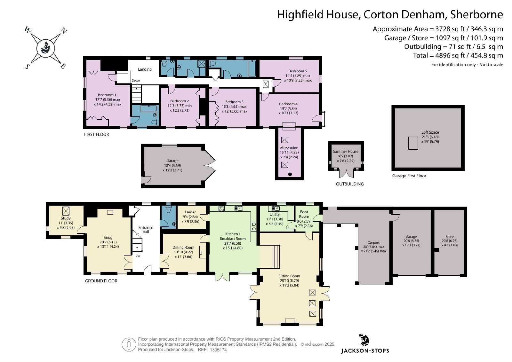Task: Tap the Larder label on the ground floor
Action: [190, 212]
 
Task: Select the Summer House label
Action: [345, 152]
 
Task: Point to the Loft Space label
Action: [430, 132]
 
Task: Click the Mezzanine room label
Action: [289, 147]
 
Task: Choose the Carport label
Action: [373, 242]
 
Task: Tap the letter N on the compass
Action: [63, 30]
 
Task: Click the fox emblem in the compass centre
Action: [45, 48]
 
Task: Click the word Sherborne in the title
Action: [476, 14]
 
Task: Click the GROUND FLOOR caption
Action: [101, 281]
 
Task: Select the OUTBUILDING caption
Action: [349, 184]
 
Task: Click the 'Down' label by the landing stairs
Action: [136, 80]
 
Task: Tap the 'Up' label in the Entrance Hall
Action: [137, 256]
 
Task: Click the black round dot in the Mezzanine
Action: [290, 175]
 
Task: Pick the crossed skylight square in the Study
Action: [66, 211]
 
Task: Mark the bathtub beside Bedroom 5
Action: [252, 68]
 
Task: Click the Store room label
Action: [449, 237]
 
